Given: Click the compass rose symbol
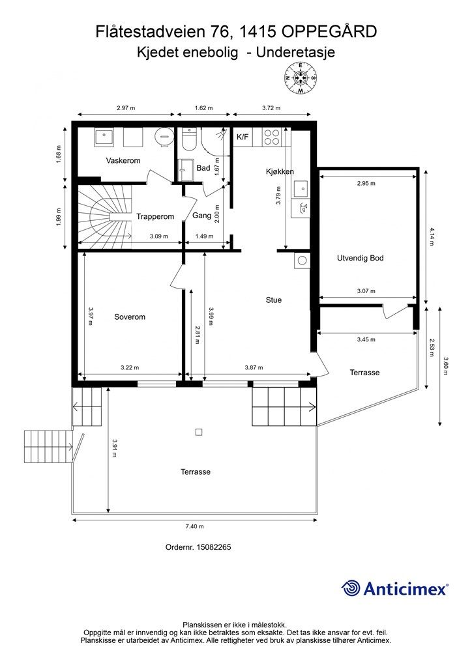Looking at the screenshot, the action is tap(301, 78).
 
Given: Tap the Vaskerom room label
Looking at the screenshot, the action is tap(123, 160).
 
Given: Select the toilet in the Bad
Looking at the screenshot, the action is tap(187, 139).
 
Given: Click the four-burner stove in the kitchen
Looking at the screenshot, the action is tap(272, 137).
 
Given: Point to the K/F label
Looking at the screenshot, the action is tap(243, 137).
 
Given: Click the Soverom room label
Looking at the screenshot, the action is tap(130, 317).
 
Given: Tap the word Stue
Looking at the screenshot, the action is tap(274, 300).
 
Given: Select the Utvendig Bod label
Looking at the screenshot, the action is tap(360, 258).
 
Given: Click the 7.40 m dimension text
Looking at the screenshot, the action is tap(194, 526).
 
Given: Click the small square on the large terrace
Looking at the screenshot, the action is tap(199, 433).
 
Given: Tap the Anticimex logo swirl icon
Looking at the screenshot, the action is tap(351, 588).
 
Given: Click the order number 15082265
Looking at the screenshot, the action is tap(214, 547).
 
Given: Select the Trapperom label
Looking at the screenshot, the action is tap(155, 216).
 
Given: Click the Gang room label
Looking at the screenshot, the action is tap(201, 216).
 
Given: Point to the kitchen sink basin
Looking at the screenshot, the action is tap(301, 188).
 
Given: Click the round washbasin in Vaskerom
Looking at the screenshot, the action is tap(165, 137).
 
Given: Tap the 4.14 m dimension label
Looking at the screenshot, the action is tap(432, 237).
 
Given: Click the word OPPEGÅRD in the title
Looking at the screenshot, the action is tap(329, 33).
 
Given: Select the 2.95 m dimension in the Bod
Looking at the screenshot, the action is tap(366, 183).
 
